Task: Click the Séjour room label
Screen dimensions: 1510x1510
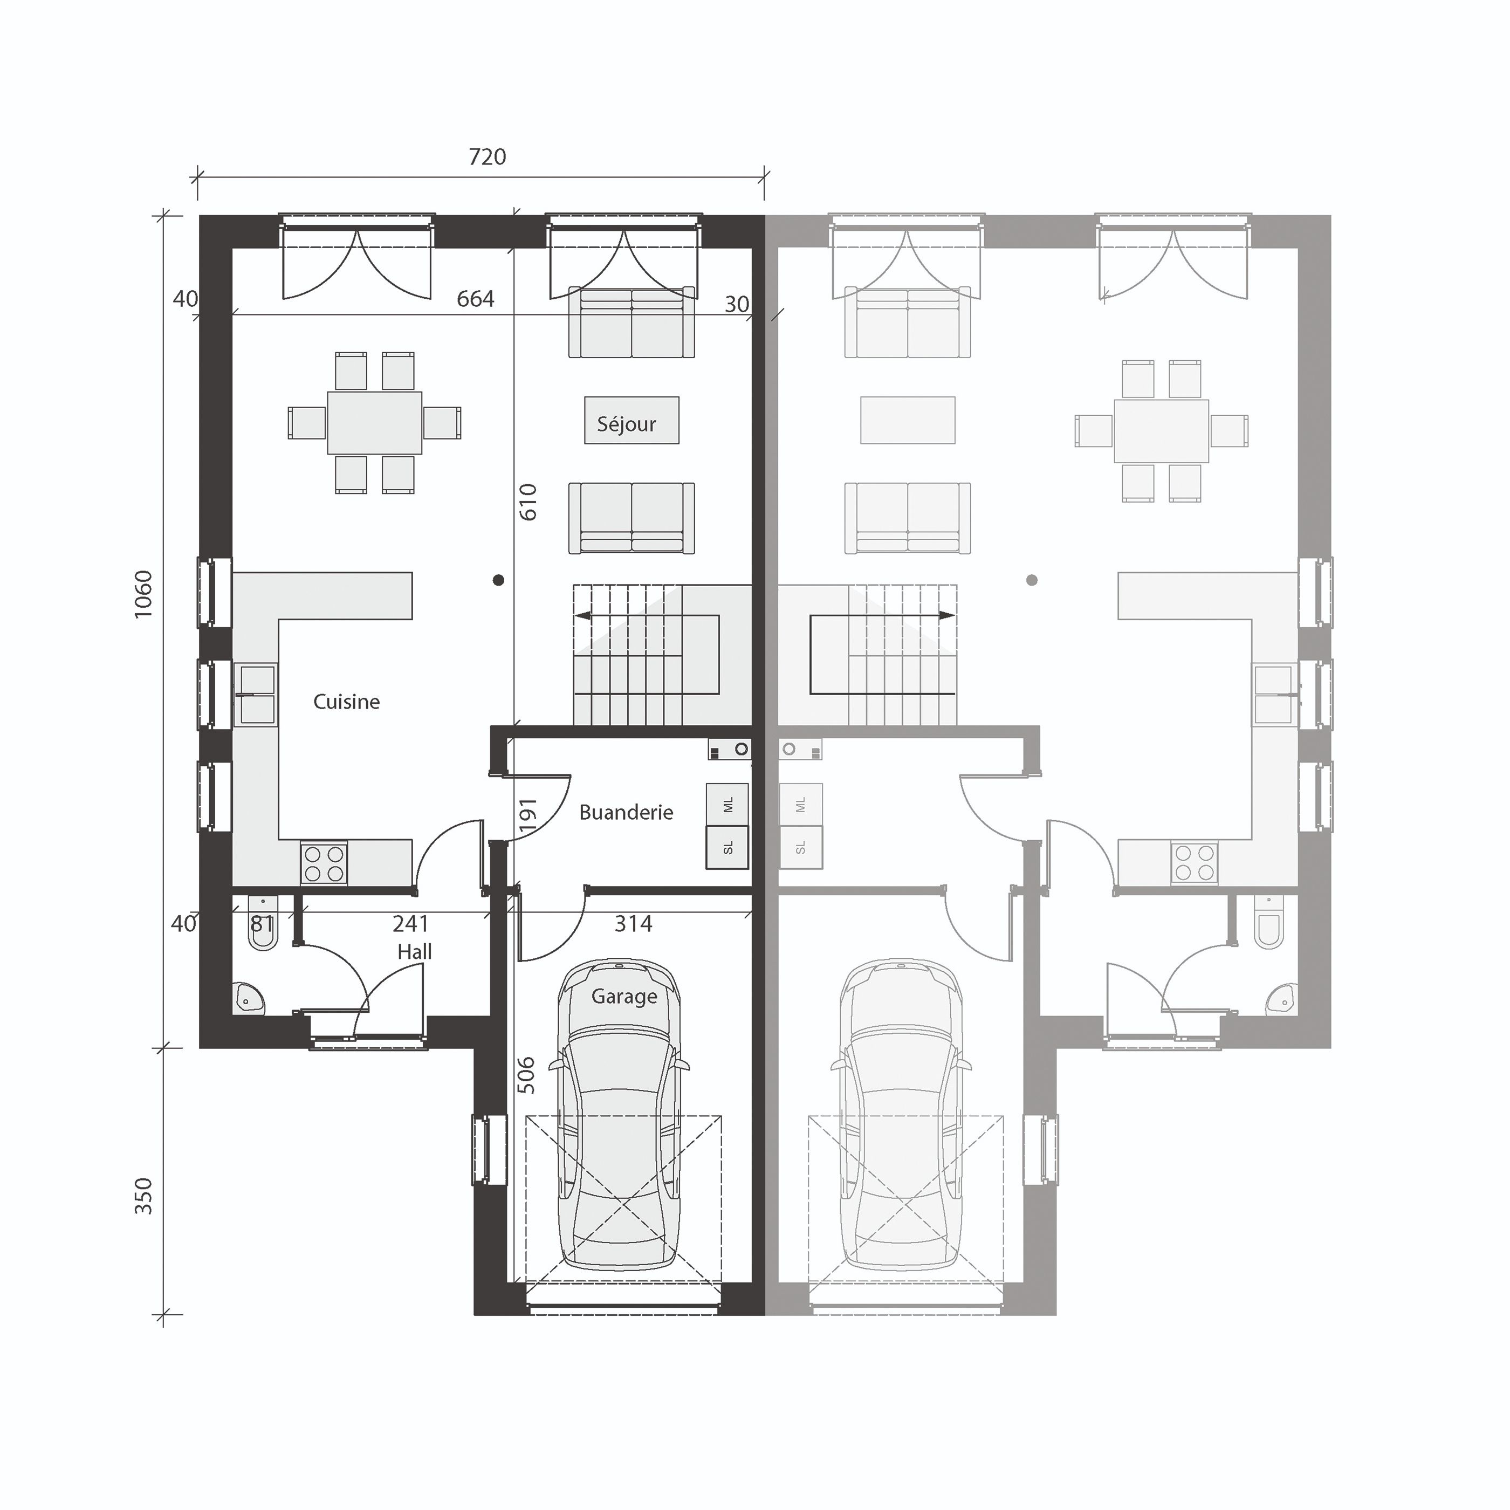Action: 626,424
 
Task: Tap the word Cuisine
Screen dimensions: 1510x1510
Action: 346,702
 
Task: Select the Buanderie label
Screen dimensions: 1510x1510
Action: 626,812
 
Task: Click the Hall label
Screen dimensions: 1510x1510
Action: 414,951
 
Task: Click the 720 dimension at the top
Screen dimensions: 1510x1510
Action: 487,157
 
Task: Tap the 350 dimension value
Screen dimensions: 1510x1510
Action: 143,1196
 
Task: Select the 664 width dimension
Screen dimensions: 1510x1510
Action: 475,299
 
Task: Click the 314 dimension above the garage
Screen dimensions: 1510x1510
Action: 633,924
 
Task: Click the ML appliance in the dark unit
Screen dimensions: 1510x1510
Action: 727,804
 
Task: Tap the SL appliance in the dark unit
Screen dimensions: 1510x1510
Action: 727,848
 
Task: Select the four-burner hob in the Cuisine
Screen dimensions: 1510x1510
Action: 324,863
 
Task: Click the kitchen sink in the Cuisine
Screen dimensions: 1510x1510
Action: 256,695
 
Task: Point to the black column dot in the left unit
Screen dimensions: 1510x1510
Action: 499,580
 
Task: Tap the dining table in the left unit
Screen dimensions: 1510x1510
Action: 374,423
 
